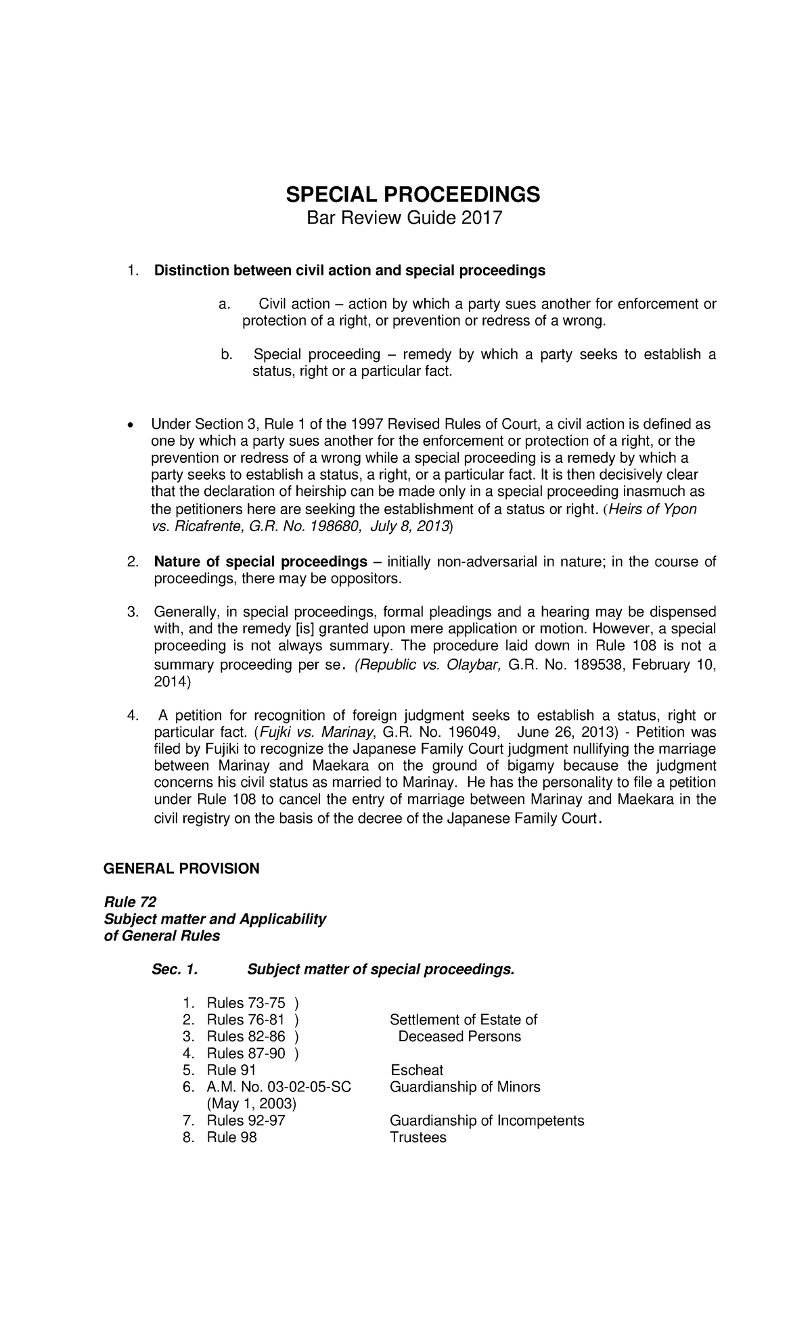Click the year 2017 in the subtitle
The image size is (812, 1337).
coord(482,219)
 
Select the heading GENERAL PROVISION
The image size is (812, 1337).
coord(181,868)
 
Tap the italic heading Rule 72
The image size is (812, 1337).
coord(129,902)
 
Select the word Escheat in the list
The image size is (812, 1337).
coord(417,1070)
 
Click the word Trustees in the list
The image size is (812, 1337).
coord(418,1137)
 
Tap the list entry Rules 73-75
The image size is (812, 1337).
coord(246,1003)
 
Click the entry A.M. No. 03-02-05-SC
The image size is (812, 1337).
coord(279,1087)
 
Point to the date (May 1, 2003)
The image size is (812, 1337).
coord(252,1104)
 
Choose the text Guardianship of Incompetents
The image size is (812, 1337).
coord(487,1120)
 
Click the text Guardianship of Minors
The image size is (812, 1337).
coord(465,1087)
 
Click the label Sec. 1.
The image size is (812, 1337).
coord(175,970)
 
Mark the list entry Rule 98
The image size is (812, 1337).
coord(231,1137)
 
